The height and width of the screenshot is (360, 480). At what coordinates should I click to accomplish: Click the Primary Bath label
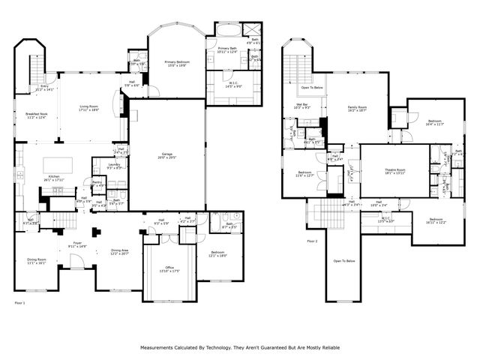coord(227,50)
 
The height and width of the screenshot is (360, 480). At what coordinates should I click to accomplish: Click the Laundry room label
coord(114,166)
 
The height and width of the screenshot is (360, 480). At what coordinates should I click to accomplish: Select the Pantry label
coord(97,183)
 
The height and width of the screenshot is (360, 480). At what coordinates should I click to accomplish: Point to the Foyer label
coord(77,244)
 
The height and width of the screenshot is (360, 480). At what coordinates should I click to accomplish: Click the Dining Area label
coord(119,252)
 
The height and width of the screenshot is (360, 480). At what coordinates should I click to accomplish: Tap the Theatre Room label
coord(395,172)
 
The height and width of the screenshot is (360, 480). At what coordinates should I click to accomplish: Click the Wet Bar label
coord(303,106)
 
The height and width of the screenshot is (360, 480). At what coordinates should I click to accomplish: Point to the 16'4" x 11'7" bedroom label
coord(435,121)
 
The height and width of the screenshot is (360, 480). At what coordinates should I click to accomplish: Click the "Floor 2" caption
coord(312,241)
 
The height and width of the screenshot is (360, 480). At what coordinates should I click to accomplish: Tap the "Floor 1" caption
coord(20,302)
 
